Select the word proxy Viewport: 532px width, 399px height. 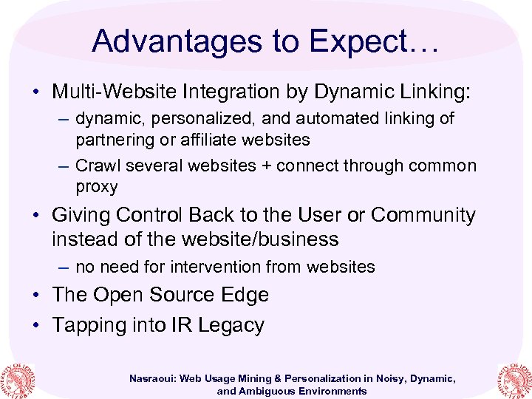coord(96,186)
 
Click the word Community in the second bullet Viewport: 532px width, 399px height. coord(423,215)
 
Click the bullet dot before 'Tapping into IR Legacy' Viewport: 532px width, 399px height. coord(35,326)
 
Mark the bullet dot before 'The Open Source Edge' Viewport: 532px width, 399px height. coord(35,295)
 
